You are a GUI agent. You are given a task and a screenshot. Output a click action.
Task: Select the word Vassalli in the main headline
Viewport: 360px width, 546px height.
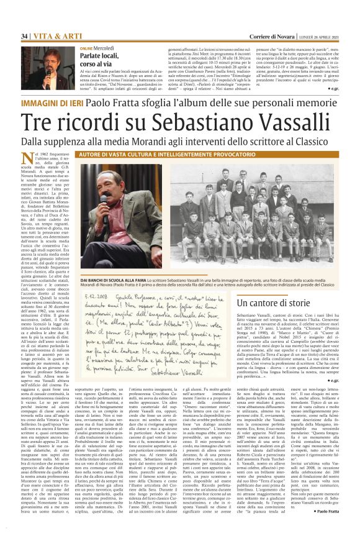tap(284, 122)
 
